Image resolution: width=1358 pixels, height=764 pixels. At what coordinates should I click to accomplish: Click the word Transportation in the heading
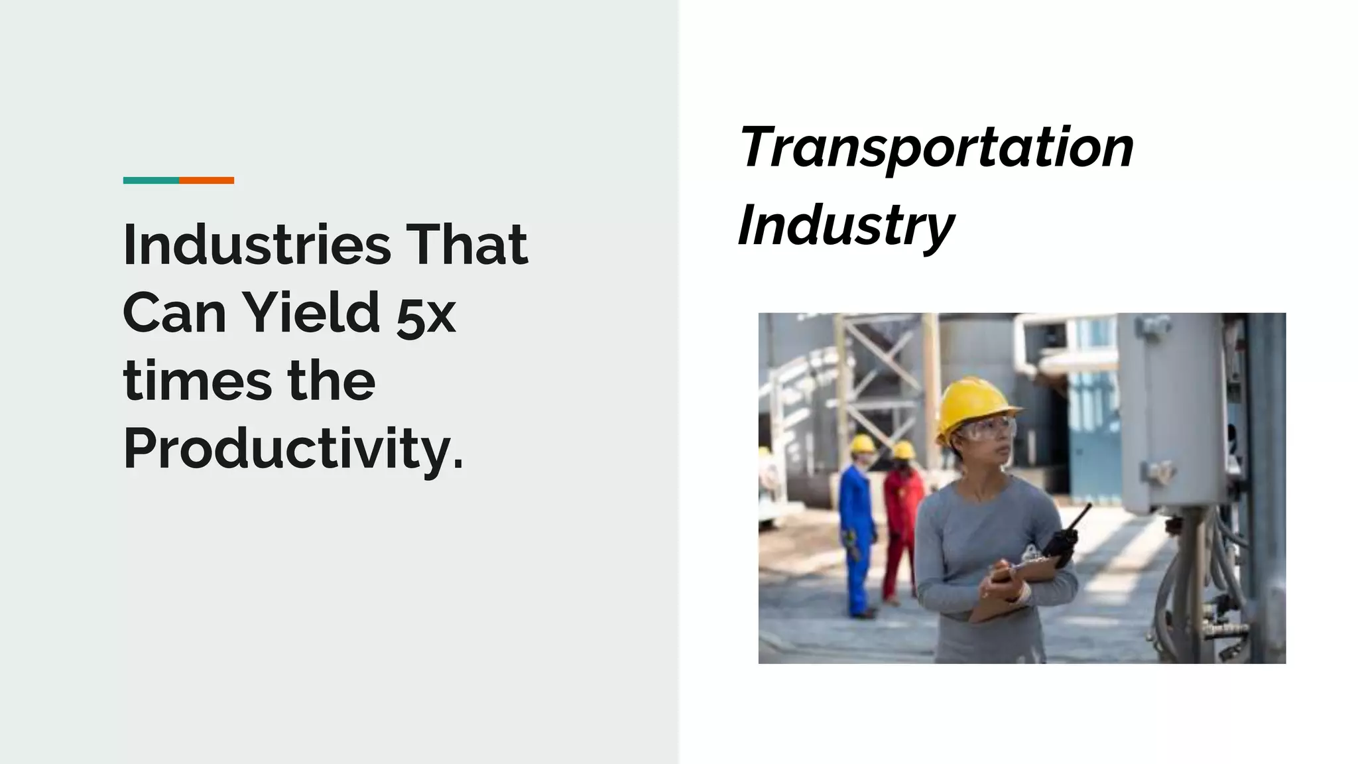(x=936, y=147)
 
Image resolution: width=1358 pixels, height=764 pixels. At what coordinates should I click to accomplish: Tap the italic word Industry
(x=845, y=225)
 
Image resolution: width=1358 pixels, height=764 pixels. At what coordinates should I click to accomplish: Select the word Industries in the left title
(x=257, y=245)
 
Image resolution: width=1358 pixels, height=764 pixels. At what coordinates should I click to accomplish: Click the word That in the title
(x=467, y=245)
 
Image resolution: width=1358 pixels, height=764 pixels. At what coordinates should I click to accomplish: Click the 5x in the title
(x=426, y=316)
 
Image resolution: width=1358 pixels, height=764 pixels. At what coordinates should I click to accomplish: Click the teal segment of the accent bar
(x=151, y=180)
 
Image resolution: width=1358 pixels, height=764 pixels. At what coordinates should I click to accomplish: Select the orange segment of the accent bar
(x=206, y=180)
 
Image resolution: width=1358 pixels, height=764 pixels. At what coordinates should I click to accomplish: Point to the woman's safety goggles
(x=987, y=428)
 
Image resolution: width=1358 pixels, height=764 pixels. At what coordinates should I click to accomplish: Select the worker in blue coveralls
(x=857, y=531)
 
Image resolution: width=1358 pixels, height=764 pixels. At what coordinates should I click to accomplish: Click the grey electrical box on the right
(x=1171, y=411)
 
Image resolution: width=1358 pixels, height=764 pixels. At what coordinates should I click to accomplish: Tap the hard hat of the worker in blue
(x=863, y=443)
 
